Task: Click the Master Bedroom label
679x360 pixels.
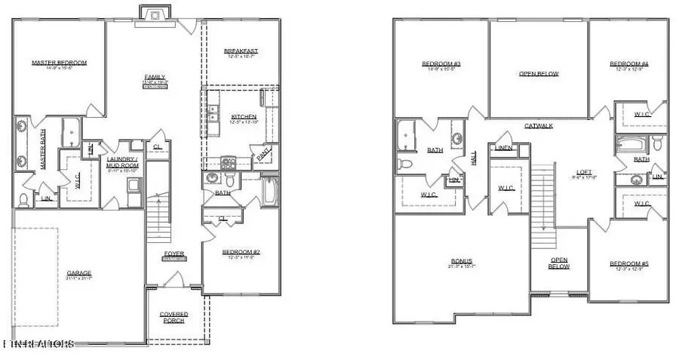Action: tap(59, 63)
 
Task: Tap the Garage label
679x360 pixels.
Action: tap(79, 273)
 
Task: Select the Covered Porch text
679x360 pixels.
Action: tap(174, 317)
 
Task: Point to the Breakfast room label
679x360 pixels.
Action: tap(241, 51)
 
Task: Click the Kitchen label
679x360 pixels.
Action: tap(244, 117)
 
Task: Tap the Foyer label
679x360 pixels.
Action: tap(174, 254)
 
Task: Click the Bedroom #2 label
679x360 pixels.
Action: tap(238, 252)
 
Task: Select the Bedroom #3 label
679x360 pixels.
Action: tap(441, 64)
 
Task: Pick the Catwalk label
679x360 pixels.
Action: tap(539, 125)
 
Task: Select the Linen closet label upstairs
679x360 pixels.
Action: tap(503, 148)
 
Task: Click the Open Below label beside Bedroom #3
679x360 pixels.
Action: tap(539, 74)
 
